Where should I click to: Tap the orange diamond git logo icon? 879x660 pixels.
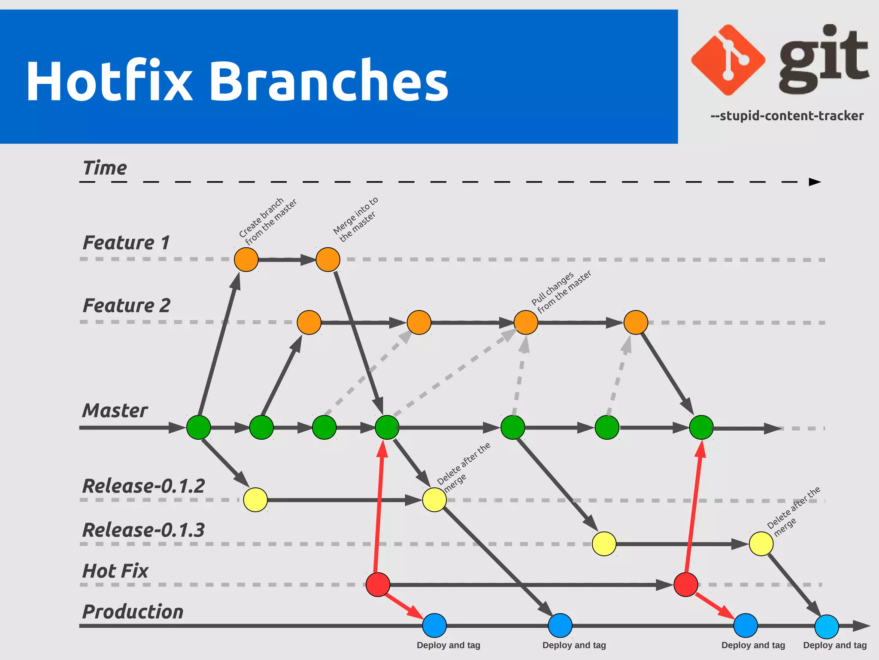click(x=728, y=60)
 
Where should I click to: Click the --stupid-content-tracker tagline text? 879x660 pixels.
click(x=787, y=116)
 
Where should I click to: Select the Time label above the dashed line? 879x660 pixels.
click(x=105, y=168)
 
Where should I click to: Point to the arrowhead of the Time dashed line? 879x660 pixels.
click(x=814, y=182)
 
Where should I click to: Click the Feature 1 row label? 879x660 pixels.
click(x=126, y=243)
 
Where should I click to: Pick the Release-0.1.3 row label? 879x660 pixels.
click(x=143, y=530)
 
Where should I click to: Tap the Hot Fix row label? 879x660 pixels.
click(x=115, y=571)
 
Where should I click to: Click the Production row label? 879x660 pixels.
click(x=133, y=611)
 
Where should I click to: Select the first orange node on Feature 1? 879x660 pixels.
click(x=246, y=259)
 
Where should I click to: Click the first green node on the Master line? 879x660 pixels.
click(x=199, y=427)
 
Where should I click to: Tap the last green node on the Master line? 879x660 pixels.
click(x=701, y=427)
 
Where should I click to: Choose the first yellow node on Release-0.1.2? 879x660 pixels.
click(x=255, y=500)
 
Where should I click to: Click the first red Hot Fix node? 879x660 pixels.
click(x=378, y=584)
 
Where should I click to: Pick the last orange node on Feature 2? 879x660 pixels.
click(x=636, y=322)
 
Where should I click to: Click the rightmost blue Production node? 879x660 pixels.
click(x=827, y=627)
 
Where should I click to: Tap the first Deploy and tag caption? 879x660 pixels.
click(x=448, y=645)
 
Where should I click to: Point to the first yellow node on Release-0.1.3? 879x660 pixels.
click(x=604, y=544)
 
